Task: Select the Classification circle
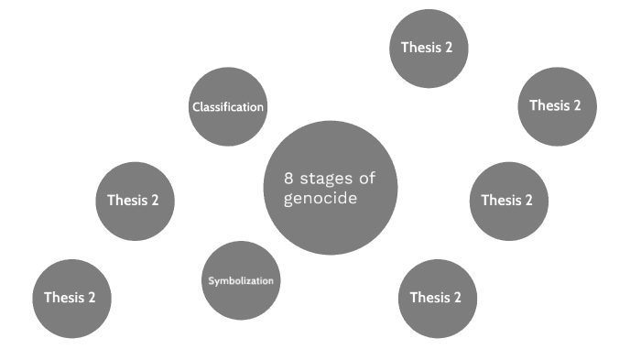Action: click(x=228, y=107)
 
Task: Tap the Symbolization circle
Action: click(x=240, y=280)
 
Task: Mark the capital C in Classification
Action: click(x=195, y=107)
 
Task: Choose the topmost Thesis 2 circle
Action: click(x=429, y=48)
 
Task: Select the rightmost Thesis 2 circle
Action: click(x=558, y=105)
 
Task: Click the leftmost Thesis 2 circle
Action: click(x=71, y=298)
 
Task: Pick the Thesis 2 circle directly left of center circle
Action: click(x=135, y=201)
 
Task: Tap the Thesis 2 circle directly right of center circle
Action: click(x=508, y=201)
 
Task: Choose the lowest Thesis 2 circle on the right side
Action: click(x=437, y=298)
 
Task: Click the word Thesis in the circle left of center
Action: click(x=126, y=201)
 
